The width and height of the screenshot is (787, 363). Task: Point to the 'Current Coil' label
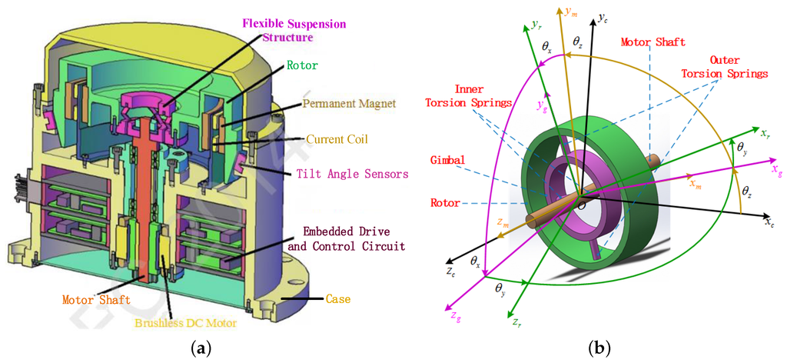[337, 139]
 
